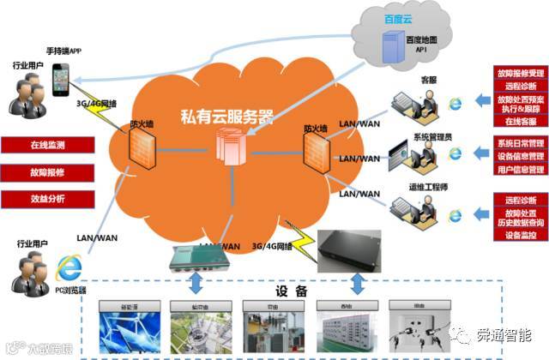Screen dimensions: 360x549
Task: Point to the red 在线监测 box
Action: (47, 145)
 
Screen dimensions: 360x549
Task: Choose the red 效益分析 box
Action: (47, 199)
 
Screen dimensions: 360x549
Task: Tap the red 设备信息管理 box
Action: (518, 156)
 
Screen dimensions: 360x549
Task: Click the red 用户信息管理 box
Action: (518, 170)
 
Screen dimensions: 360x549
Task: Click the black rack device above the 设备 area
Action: (351, 246)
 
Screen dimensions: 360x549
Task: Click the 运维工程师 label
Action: (425, 186)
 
